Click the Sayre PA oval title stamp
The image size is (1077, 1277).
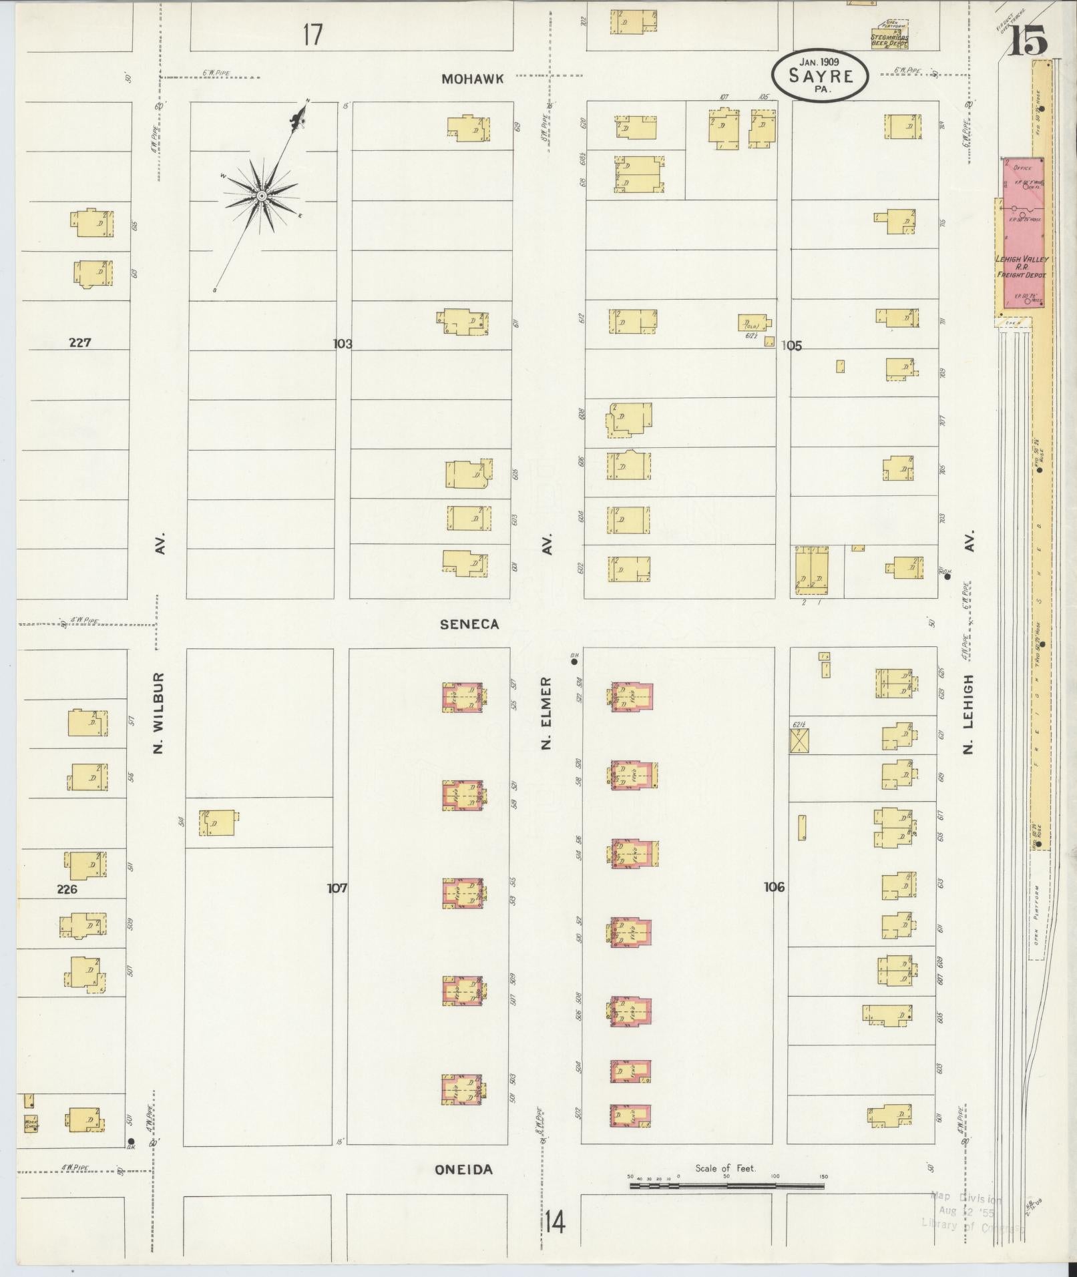pyautogui.click(x=821, y=75)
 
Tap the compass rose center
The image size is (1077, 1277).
pyautogui.click(x=262, y=196)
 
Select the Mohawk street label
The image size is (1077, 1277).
pyautogui.click(x=473, y=79)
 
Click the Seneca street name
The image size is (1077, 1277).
pyautogui.click(x=469, y=624)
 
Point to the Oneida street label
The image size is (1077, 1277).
pyautogui.click(x=463, y=1170)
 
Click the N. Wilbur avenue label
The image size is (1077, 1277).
pyautogui.click(x=158, y=712)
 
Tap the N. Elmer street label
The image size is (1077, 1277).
pyautogui.click(x=547, y=712)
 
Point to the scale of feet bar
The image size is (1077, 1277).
pyautogui.click(x=726, y=1186)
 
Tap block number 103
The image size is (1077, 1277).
pyautogui.click(x=343, y=344)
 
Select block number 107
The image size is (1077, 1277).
pyautogui.click(x=337, y=888)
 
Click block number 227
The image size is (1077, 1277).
pyautogui.click(x=79, y=342)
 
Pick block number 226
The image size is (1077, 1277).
pyautogui.click(x=67, y=889)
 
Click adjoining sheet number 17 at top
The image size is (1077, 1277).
pyautogui.click(x=312, y=34)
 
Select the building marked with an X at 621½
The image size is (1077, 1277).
pyautogui.click(x=799, y=741)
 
